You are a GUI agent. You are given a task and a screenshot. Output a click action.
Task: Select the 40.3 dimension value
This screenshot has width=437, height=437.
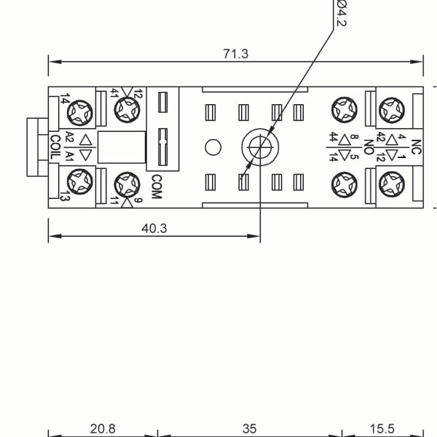tap(154, 228)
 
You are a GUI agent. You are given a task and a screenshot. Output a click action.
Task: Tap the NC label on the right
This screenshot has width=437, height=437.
tap(416, 146)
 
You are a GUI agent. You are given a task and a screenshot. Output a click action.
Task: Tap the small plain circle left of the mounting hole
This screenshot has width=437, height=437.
tap(213, 147)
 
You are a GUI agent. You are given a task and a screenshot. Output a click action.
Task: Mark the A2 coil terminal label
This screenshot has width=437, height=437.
tap(70, 137)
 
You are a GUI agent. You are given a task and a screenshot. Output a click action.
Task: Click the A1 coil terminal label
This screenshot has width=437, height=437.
tap(70, 156)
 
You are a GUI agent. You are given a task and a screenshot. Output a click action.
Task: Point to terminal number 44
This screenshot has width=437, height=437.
tap(333, 137)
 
